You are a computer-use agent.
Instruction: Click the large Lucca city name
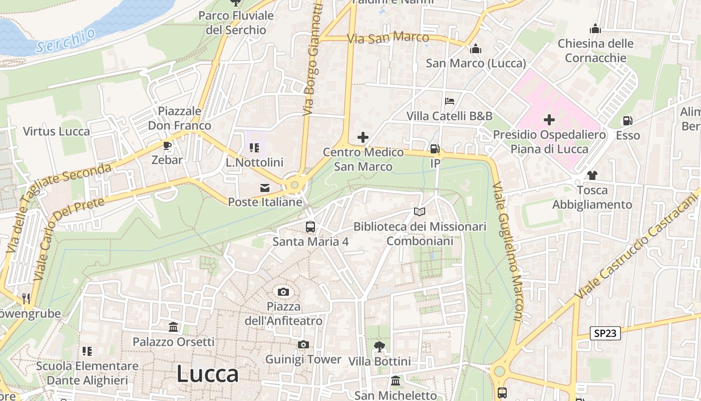coord(207,374)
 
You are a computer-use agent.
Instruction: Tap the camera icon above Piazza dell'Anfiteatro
coord(283,292)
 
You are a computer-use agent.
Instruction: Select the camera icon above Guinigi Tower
coord(303,345)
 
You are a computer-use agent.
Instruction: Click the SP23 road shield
coord(605,333)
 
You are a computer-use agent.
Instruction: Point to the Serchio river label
coord(66,41)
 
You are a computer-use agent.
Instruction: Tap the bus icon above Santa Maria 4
coord(310,227)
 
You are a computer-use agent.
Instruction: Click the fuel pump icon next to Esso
coord(627,121)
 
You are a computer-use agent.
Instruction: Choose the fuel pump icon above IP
coord(435,149)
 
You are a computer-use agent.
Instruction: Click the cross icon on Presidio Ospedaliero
coord(549,120)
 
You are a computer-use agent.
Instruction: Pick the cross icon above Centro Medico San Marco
coord(363,137)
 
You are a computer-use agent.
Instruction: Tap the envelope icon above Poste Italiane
coord(264,188)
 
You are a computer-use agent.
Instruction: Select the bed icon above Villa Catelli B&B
coord(450,101)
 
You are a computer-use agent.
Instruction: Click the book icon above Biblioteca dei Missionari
coord(420,212)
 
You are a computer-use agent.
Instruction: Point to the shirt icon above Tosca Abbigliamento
coord(592,175)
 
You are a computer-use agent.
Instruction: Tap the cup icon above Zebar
coord(167,146)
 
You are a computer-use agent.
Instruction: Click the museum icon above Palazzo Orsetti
coord(173,327)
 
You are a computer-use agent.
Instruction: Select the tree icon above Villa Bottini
coord(379,346)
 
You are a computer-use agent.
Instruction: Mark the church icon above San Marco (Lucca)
coord(476,49)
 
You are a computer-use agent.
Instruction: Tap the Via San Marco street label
coord(389,38)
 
